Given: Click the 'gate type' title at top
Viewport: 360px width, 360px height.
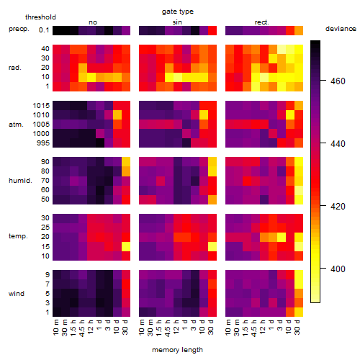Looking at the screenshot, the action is (178, 12).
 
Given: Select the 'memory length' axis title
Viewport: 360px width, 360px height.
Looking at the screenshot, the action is (177, 350).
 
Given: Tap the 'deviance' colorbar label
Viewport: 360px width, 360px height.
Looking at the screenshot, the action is (341, 29).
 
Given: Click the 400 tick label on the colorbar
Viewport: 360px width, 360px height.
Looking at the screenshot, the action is (338, 269).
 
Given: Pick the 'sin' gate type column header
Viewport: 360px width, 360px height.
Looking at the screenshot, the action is (177, 22).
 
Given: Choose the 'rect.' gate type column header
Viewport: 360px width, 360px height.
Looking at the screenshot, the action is (261, 22).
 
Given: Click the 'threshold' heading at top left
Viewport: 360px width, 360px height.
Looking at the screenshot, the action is (40, 17).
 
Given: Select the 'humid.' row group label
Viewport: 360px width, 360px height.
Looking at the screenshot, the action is (20, 181).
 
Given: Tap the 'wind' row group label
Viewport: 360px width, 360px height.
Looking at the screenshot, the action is (17, 294).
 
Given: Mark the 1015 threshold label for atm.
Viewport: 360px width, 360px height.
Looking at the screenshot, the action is (41, 106).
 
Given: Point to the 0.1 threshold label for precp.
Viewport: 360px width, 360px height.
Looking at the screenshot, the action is (44, 30).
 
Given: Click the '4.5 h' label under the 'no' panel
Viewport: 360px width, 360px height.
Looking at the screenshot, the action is (82, 328).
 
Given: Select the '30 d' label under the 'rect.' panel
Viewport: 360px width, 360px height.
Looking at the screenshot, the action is (297, 327).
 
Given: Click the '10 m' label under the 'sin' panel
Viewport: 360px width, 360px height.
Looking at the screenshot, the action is (143, 327).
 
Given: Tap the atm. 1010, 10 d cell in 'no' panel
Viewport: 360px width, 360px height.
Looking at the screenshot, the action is (117, 114).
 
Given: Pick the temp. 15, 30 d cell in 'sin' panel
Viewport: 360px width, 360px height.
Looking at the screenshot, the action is (212, 246).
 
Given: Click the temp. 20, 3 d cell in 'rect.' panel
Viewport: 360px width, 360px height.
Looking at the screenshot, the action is (282, 237).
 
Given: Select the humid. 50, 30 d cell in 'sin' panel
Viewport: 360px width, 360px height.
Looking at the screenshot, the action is (212, 199).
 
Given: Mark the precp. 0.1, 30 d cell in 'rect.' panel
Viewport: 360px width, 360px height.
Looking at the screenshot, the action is (299, 30).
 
